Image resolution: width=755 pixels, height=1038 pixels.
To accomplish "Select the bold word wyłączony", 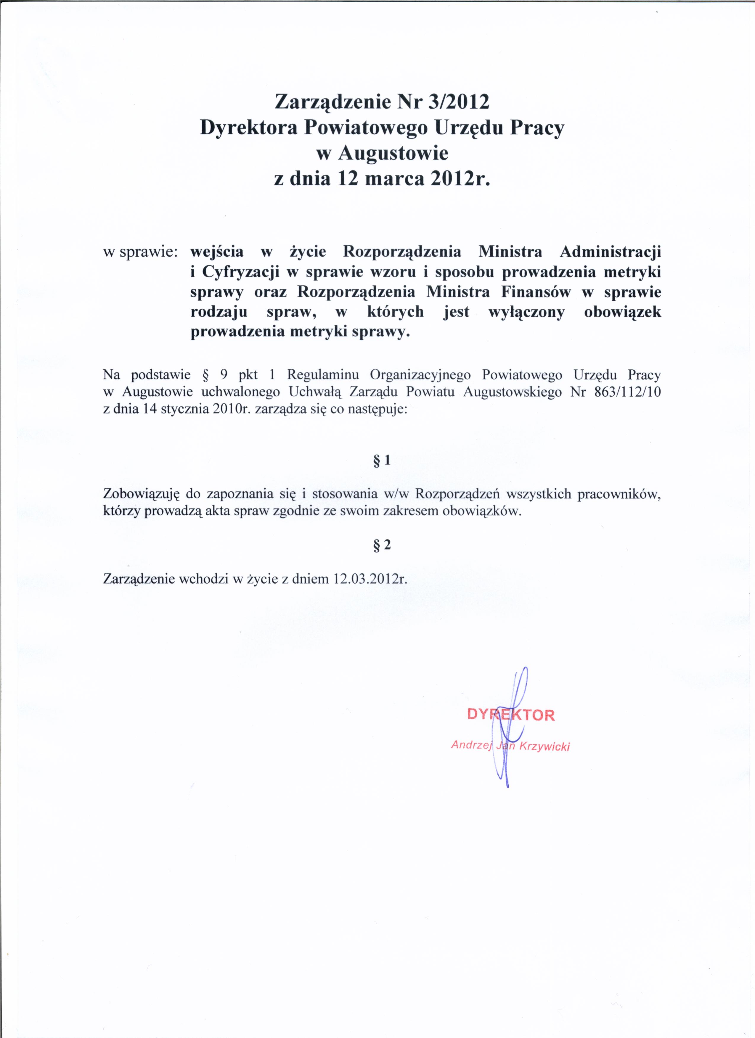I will pyautogui.click(x=526, y=312).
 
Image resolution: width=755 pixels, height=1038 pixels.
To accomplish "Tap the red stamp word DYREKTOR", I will pyautogui.click(x=510, y=715).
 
